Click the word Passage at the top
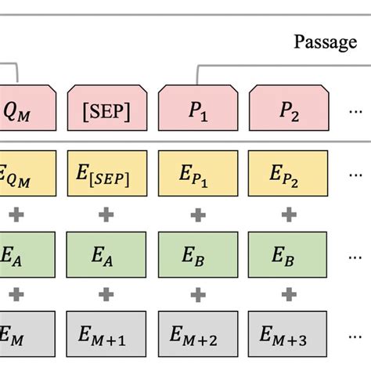click(325, 41)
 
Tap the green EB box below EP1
click(197, 254)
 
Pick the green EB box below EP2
click(289, 254)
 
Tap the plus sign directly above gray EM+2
click(197, 295)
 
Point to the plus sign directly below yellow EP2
click(289, 213)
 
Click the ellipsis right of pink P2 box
click(355, 110)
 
